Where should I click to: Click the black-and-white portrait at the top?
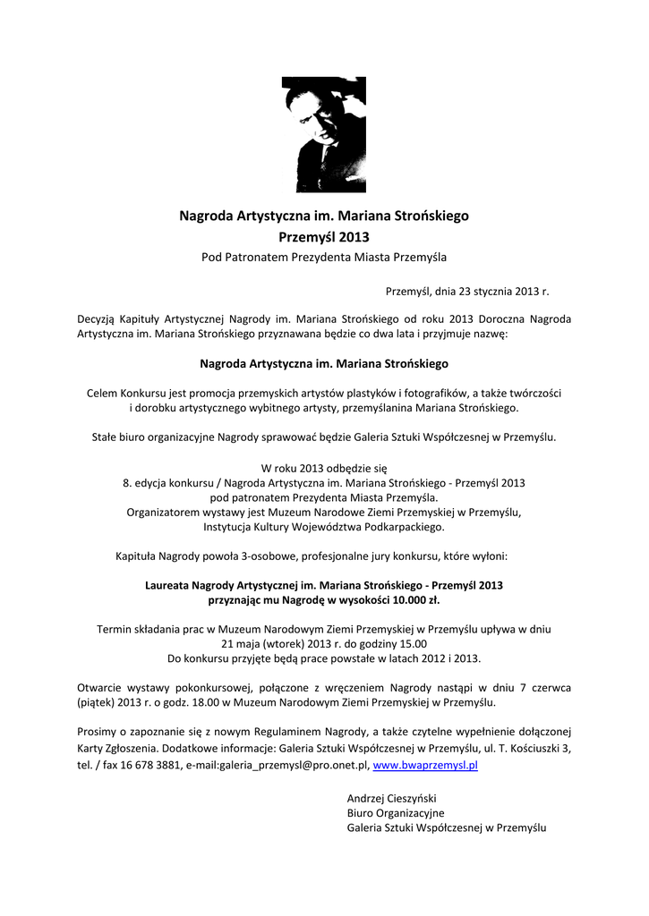click(x=318, y=134)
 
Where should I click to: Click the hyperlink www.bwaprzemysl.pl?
click(x=425, y=766)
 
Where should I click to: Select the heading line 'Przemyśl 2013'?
click(x=324, y=237)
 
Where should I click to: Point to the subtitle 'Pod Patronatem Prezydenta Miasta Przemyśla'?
click(x=324, y=258)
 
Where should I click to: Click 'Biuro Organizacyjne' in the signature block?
click(x=395, y=813)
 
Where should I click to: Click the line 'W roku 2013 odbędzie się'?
click(x=324, y=468)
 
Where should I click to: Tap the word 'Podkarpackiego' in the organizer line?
click(x=404, y=527)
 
